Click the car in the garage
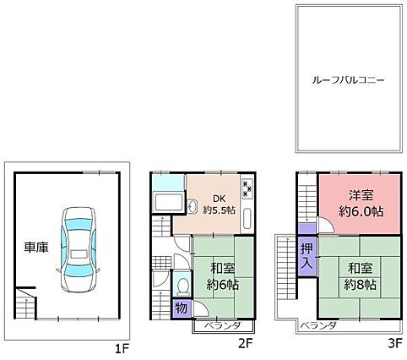[79, 250]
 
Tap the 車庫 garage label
[36, 248]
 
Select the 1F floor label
[122, 350]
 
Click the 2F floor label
[246, 343]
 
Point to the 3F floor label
[394, 343]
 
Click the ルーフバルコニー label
[348, 80]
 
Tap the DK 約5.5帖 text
[220, 205]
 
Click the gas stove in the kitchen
[247, 188]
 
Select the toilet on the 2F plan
[182, 286]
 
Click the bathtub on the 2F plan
[168, 202]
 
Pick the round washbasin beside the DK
[193, 205]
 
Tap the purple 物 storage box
[182, 308]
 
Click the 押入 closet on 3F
[307, 256]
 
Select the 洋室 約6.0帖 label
[361, 204]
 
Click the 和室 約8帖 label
[361, 276]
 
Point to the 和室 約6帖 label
[223, 276]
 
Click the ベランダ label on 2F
[222, 325]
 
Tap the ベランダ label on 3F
[318, 325]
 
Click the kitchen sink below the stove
[247, 219]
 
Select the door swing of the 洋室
[326, 225]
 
